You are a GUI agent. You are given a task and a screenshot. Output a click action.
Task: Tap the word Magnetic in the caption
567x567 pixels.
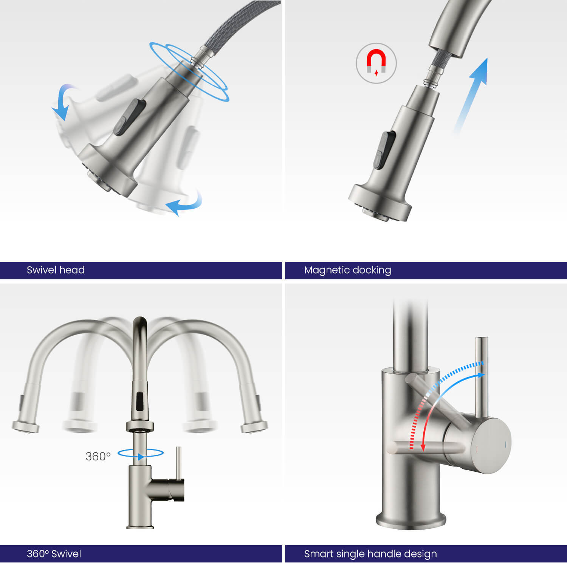tap(324, 270)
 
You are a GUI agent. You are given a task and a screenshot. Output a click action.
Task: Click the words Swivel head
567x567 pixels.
tap(56, 270)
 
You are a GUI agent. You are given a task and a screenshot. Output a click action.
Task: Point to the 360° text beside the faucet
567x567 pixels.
tap(98, 456)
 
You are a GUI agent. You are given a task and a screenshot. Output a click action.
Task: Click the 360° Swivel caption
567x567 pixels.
tap(54, 554)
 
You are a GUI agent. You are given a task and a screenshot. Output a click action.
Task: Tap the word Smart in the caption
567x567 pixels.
tap(317, 554)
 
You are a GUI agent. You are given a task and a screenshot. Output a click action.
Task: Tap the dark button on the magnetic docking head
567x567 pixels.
tap(384, 150)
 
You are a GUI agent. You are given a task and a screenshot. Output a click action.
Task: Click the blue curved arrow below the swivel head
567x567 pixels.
tap(184, 203)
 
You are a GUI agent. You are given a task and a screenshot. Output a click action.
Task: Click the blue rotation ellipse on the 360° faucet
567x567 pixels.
tap(140, 453)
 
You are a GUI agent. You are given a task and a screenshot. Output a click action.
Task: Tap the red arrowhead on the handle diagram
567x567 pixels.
tap(423, 447)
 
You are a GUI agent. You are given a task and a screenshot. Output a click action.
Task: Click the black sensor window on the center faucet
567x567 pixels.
tap(140, 402)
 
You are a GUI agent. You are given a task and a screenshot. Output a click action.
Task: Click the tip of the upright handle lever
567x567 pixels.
tap(482, 338)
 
